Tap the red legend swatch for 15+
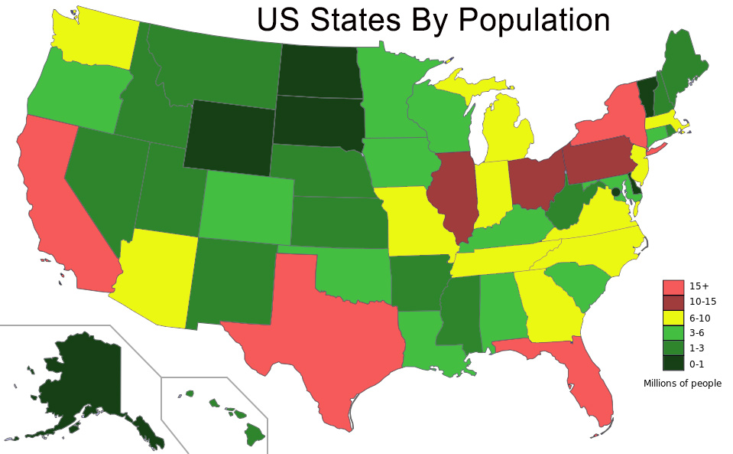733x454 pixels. pyautogui.click(x=671, y=286)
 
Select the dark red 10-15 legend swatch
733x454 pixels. pyautogui.click(x=671, y=302)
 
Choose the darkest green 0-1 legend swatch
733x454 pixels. pyautogui.click(x=671, y=364)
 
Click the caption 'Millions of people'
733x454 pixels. pyautogui.click(x=683, y=384)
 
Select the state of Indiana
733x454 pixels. pyautogui.click(x=492, y=191)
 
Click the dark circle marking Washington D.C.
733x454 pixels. pyautogui.click(x=615, y=192)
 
